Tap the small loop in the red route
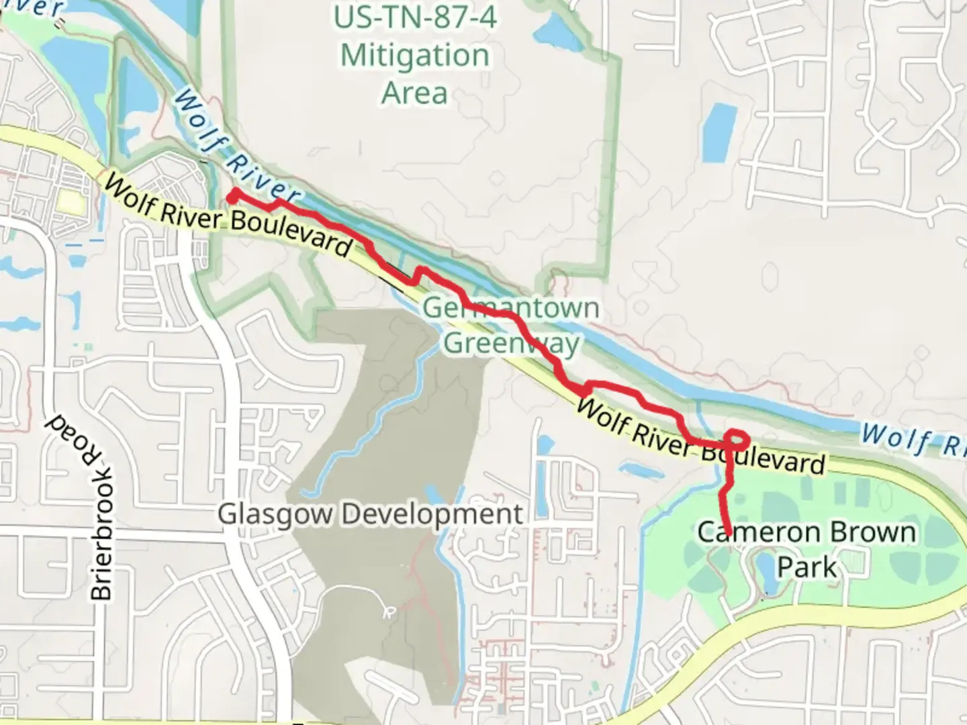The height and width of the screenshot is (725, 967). click(737, 440)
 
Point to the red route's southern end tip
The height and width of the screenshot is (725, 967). click(728, 534)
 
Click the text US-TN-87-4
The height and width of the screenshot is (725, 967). click(415, 18)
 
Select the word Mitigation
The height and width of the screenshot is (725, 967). click(415, 55)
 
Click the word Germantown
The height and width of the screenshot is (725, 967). click(511, 308)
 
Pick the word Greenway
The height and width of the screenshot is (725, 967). click(511, 343)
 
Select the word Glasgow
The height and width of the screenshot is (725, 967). click(275, 515)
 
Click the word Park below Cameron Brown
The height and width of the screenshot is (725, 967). click(807, 567)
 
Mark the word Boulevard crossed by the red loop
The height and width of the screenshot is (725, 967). click(763, 456)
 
